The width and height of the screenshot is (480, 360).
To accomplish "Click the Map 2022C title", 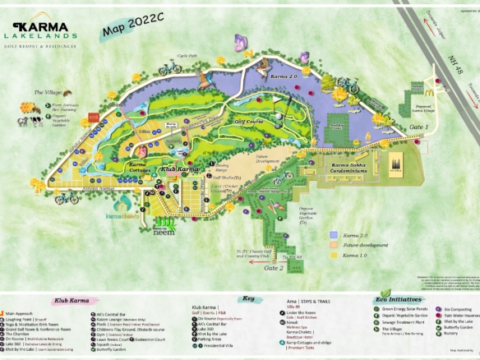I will click(x=135, y=30).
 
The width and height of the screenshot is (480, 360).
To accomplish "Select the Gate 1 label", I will click(x=419, y=127).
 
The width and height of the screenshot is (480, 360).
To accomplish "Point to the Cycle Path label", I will click(x=188, y=57).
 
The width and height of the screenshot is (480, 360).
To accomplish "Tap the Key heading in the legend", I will click(x=247, y=299).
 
